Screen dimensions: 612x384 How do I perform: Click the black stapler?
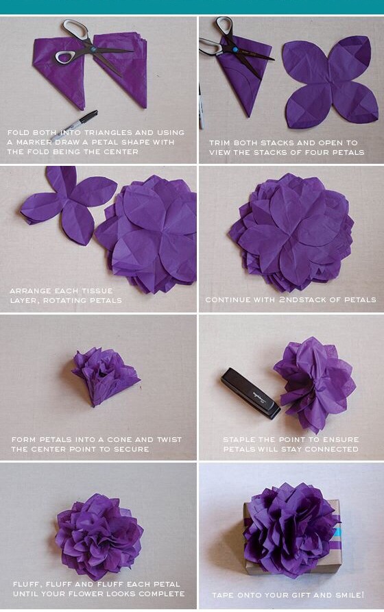(x=250, y=393)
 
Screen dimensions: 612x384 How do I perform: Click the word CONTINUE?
(x=228, y=299)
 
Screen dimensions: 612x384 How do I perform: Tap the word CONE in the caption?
(x=116, y=439)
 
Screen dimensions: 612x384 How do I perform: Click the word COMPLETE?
(x=160, y=593)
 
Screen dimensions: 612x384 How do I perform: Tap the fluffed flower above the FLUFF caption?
(x=99, y=534)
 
